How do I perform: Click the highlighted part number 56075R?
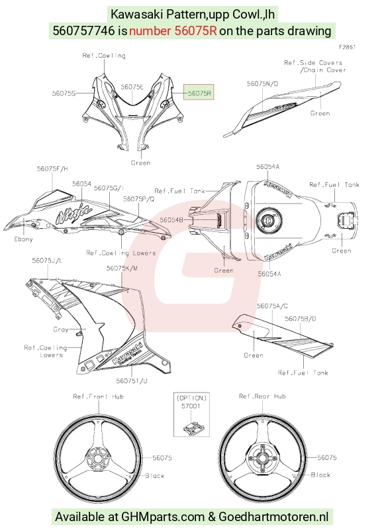tap(199, 93)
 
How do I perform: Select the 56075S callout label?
tap(64, 93)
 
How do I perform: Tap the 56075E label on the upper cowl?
tap(132, 87)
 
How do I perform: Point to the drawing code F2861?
tap(348, 47)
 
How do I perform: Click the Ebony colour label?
tap(23, 239)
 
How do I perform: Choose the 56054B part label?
tap(171, 220)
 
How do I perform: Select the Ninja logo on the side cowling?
tap(74, 213)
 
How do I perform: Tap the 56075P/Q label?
tap(139, 199)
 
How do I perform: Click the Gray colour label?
tap(61, 329)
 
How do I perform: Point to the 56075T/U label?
tap(132, 381)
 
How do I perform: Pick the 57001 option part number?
tap(191, 406)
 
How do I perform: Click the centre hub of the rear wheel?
tap(262, 458)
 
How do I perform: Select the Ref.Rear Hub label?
tap(262, 396)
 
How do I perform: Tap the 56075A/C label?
tap(272, 306)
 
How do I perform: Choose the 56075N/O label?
tap(263, 84)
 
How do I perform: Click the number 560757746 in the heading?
tap(84, 30)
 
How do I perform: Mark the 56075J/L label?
tap(48, 261)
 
